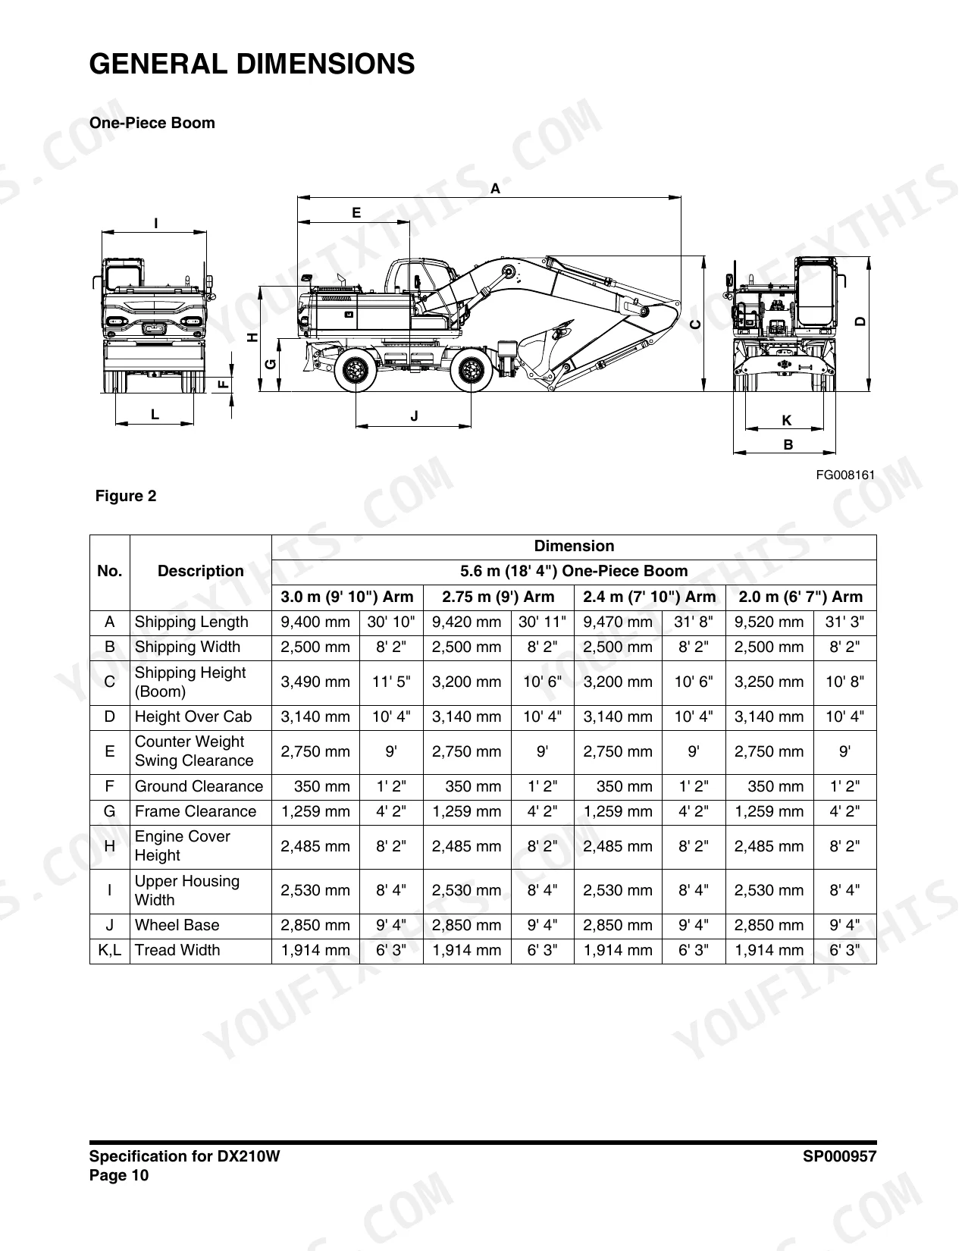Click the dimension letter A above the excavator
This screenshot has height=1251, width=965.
pos(496,188)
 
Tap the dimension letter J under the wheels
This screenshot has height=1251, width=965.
pos(414,415)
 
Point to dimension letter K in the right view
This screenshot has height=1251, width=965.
pos(787,420)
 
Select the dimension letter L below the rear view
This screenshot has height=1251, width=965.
pos(155,414)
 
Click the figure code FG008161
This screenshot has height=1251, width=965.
pos(845,475)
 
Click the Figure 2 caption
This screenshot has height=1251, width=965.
pos(125,496)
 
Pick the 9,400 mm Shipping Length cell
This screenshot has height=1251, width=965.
pos(315,622)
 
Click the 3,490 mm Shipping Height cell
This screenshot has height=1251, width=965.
pos(315,682)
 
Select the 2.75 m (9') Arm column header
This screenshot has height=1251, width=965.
pos(498,597)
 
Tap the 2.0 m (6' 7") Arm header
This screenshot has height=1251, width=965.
pos(801,597)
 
